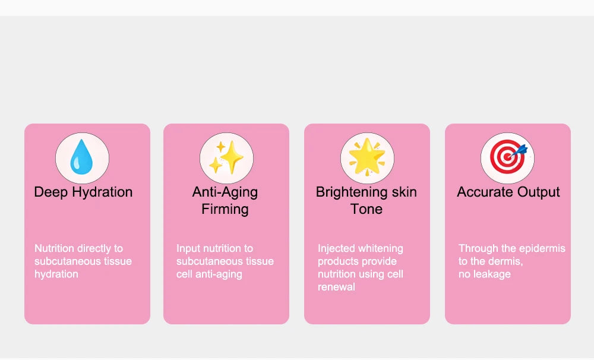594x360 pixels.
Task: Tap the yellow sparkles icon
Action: pos(226,158)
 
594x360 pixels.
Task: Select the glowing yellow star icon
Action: pos(367,157)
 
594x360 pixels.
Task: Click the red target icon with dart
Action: pos(507,157)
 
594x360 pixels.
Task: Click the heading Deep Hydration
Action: pos(83,192)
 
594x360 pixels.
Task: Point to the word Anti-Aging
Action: pos(225,192)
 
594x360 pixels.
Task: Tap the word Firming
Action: pos(225,209)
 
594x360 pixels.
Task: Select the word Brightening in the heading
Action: pos(346,192)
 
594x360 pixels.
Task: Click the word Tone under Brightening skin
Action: pos(366,209)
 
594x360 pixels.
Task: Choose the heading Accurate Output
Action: pos(508,192)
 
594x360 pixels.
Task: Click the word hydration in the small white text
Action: pos(56,274)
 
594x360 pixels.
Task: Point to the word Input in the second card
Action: pos(188,248)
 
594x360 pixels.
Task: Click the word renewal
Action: pos(336,287)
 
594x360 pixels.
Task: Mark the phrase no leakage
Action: pos(485,274)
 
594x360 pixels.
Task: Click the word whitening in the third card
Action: pos(381,248)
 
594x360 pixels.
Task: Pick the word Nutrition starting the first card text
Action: pos(55,248)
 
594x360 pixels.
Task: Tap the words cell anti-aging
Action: pos(209,274)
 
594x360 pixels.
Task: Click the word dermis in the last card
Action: pos(507,261)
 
